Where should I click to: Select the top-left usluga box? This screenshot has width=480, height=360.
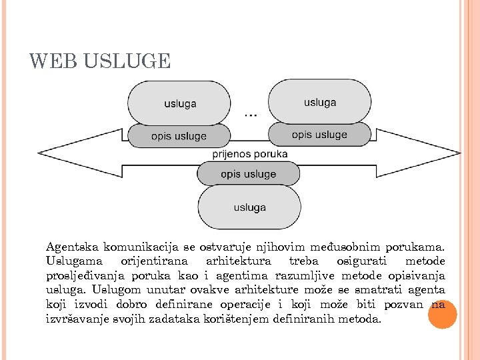[179, 103]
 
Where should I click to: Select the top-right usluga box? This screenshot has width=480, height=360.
[319, 102]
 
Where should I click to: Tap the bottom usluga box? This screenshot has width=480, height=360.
[249, 207]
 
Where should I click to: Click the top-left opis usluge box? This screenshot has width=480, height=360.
[179, 136]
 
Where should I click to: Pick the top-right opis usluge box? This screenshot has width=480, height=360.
[319, 134]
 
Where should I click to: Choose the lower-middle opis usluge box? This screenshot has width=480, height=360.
[248, 174]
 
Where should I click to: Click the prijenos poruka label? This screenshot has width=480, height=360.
[249, 154]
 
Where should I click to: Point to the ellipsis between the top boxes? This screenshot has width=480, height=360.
[250, 115]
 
